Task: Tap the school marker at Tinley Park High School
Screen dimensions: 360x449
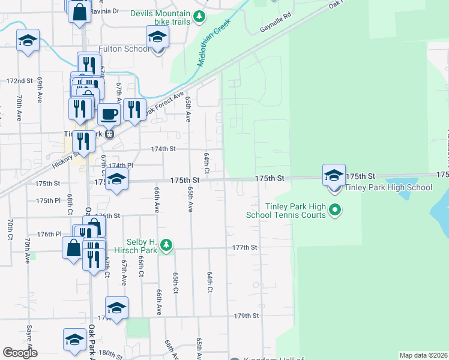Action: (334, 176)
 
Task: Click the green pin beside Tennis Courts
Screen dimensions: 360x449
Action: (336, 210)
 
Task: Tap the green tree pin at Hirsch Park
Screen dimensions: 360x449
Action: (167, 244)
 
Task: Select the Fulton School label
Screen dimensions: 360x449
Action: (128, 49)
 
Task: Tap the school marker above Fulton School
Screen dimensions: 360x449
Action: (157, 38)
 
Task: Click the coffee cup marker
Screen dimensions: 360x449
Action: (109, 113)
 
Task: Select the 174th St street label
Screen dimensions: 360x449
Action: (163, 149)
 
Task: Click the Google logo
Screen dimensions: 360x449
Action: (20, 353)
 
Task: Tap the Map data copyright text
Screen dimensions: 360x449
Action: (423, 355)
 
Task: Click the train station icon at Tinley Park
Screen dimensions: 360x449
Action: (109, 134)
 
